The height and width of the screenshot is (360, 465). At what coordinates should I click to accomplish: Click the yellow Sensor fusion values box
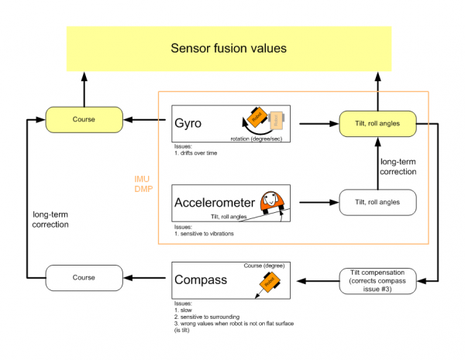click(229, 48)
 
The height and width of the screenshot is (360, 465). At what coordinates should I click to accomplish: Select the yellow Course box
click(84, 120)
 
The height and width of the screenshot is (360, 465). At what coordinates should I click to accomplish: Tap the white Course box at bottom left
click(84, 277)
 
